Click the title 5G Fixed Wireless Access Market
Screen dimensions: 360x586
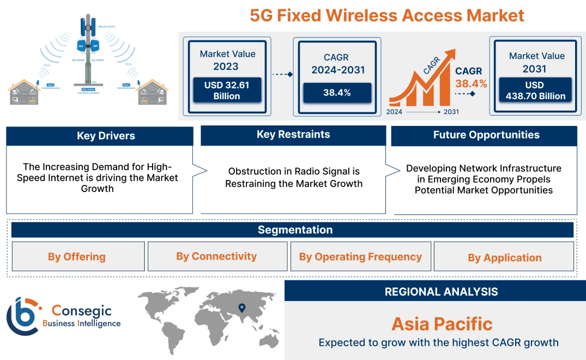tap(387, 15)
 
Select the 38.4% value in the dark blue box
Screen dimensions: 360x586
tap(337, 93)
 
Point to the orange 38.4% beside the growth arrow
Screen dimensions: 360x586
tap(471, 83)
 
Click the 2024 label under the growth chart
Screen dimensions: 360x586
tap(395, 112)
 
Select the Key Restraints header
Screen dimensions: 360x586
tap(293, 135)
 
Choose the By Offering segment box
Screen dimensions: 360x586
tap(77, 256)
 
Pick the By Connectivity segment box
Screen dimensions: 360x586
tap(216, 256)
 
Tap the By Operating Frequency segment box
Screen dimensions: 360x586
tap(360, 256)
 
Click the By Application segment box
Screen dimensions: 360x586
tap(504, 257)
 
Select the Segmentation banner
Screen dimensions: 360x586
tap(295, 230)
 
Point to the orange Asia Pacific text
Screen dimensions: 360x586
tap(442, 324)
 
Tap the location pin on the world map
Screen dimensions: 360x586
tap(242, 309)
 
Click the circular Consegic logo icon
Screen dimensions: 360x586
tap(23, 317)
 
